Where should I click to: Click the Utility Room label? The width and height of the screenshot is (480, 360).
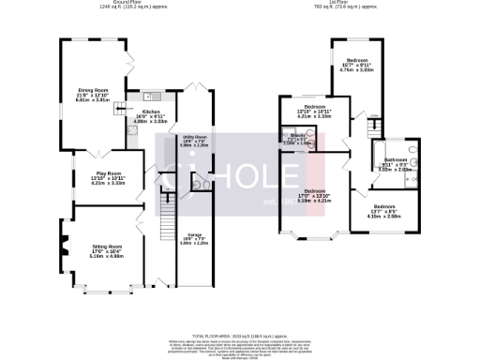point(193,141)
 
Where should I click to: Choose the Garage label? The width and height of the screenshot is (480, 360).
point(194,238)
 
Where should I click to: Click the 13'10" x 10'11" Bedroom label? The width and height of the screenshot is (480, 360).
point(302,112)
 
